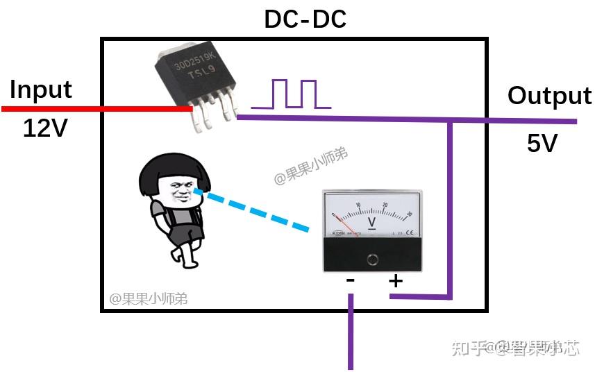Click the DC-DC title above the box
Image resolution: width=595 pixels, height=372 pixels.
pos(305,19)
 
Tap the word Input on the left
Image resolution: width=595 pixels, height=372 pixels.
pos(41,90)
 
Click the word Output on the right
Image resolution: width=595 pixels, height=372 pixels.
pos(549,96)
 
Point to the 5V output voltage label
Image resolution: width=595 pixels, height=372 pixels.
pos(542,144)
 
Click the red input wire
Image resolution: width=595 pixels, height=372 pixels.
pos(97,108)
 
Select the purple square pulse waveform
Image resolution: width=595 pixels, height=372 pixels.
pos(292,94)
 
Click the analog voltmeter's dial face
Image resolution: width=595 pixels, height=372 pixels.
pos(371,214)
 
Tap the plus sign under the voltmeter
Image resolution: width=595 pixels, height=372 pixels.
pos(395,281)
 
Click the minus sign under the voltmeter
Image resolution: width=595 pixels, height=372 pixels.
pos(351,280)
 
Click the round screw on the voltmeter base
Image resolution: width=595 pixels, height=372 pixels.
pos(373,259)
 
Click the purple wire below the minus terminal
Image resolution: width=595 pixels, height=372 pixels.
pos(351,333)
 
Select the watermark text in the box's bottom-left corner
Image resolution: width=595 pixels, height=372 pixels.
pos(148,299)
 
